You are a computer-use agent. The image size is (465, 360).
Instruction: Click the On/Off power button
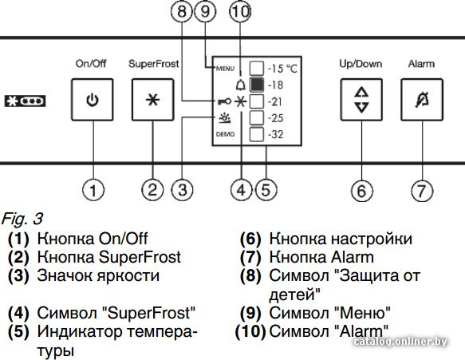click(x=93, y=100)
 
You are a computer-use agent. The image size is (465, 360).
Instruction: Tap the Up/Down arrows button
click(x=361, y=100)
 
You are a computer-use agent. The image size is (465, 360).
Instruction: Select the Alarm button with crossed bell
click(x=422, y=100)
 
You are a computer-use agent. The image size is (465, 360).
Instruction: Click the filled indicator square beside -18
click(x=257, y=85)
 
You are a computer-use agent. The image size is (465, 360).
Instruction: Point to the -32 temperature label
click(x=275, y=134)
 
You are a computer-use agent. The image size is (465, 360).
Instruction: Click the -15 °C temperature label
click(x=282, y=69)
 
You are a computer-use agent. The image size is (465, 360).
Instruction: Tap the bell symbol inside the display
click(x=241, y=85)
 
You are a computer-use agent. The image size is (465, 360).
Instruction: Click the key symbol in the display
click(x=224, y=102)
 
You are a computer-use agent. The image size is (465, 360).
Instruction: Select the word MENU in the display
click(x=225, y=69)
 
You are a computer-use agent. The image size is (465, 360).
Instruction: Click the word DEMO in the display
click(x=225, y=134)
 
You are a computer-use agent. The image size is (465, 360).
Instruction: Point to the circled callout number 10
click(x=241, y=12)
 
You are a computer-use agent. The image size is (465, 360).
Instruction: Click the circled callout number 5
click(x=266, y=190)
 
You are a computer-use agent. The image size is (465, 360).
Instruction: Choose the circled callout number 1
click(x=93, y=190)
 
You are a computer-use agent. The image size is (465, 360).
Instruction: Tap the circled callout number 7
click(x=422, y=191)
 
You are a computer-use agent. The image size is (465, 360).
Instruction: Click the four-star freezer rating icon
click(x=26, y=101)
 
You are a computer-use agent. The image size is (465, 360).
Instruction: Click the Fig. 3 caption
click(x=22, y=220)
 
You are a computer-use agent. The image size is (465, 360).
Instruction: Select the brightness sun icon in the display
click(x=224, y=118)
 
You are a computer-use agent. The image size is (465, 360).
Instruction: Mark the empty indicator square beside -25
click(x=257, y=118)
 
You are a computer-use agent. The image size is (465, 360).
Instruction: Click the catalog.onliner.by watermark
click(x=400, y=342)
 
